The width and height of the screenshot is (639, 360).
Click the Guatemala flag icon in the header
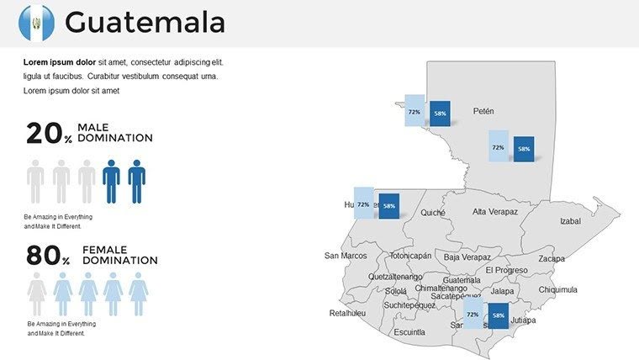coord(36,22)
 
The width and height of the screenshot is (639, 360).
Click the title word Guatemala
coord(145,23)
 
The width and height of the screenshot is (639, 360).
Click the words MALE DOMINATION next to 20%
coord(114,132)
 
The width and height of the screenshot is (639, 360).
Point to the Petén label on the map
coord(483,111)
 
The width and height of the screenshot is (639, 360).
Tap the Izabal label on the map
coord(570,221)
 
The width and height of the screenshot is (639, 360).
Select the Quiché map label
coord(433,213)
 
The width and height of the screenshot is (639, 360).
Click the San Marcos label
coord(346,256)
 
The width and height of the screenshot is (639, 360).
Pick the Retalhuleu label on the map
coord(348,313)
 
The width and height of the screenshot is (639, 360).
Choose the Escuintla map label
coord(409,332)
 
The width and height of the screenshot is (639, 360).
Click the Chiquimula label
coord(557,289)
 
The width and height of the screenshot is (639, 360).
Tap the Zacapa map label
coord(552,258)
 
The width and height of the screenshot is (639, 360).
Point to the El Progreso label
coord(506,270)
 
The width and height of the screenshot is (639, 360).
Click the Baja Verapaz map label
coord(467,257)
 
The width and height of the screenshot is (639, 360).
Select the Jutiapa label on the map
coord(523,320)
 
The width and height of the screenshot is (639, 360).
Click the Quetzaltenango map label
coord(395,276)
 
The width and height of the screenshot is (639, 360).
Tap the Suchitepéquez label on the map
coord(409,305)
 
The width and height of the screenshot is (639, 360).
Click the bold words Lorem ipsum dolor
coord(61,62)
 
